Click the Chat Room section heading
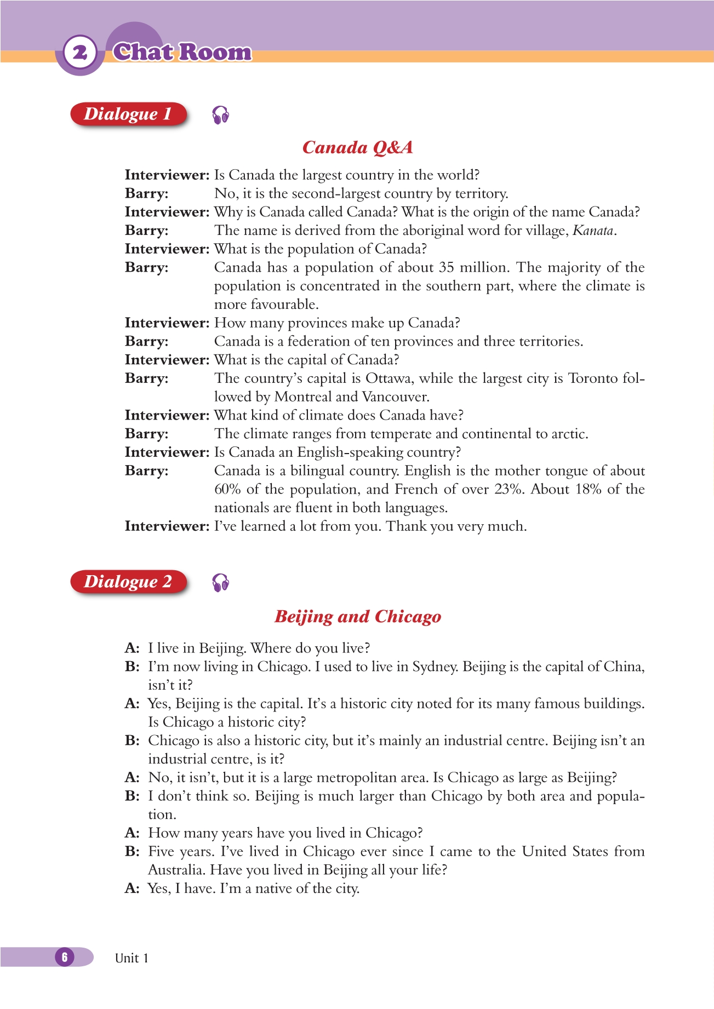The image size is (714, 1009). point(182,52)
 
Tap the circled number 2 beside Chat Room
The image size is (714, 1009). point(80,53)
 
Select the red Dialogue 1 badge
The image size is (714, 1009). point(128,114)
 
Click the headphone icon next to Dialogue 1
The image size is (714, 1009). point(220,115)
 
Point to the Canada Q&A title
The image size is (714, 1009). point(357,147)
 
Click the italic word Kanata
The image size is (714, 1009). point(592,231)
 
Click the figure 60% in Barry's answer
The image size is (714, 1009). point(227,489)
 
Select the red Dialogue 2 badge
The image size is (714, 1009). point(128,581)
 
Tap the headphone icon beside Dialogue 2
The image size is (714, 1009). point(220,583)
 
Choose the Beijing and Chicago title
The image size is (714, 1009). point(357,617)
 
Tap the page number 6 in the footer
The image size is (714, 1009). point(65,957)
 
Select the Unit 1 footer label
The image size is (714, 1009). point(132,958)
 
